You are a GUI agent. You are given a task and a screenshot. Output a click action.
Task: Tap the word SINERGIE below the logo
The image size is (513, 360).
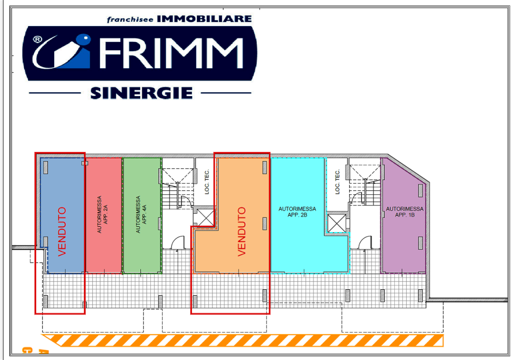(141, 93)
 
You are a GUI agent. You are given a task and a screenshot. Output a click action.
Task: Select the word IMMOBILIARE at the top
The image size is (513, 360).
(204, 19)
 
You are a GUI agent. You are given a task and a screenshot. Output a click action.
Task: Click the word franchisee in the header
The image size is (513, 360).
(130, 20)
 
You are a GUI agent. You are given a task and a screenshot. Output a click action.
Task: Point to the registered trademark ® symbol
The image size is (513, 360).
(38, 40)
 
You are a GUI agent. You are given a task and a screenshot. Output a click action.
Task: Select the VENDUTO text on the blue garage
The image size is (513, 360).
(62, 231)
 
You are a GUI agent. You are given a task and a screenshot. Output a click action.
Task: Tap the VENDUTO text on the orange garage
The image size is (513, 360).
(241, 231)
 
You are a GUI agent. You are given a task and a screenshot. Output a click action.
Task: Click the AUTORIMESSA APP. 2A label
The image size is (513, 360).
(102, 214)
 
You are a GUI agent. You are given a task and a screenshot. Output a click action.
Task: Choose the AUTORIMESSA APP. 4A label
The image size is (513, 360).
(141, 214)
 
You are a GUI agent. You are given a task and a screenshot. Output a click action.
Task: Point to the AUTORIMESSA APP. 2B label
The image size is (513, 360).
(297, 212)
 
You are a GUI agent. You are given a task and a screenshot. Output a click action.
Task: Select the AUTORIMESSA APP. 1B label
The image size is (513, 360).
(405, 212)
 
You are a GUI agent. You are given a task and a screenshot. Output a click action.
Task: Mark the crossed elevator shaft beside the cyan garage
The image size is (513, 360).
(337, 223)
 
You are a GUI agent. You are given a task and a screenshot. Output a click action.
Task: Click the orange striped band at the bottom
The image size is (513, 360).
(243, 340)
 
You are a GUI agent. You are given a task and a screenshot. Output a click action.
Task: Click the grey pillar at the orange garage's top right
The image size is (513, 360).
(265, 168)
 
